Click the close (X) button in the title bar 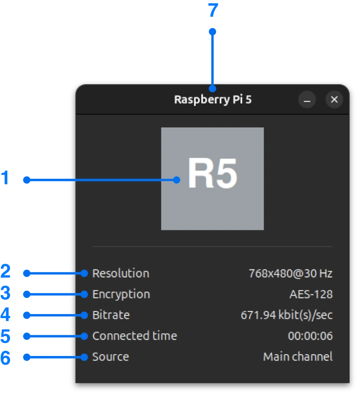click(x=334, y=99)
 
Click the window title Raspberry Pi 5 click(x=213, y=99)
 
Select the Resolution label click(x=121, y=273)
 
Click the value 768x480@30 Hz click(x=291, y=273)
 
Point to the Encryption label click(x=121, y=294)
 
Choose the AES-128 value click(x=311, y=294)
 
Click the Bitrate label click(x=111, y=315)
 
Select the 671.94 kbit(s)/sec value click(x=287, y=315)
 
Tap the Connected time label click(x=135, y=336)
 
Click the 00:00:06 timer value click(x=310, y=336)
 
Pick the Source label click(x=111, y=357)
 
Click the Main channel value click(x=298, y=357)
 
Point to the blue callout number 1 click(x=5, y=179)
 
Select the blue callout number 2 click(x=5, y=272)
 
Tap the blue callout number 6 click(x=5, y=358)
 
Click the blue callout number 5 click(x=5, y=336)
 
